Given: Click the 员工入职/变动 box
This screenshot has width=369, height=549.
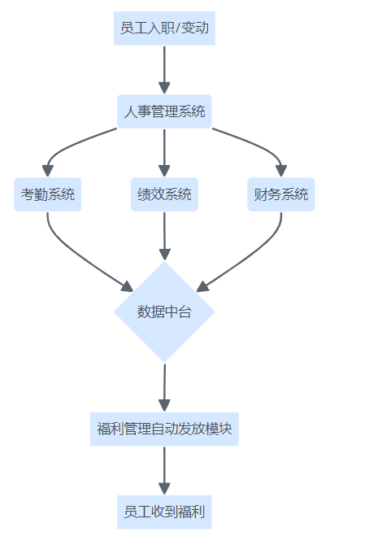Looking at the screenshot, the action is click(x=164, y=28).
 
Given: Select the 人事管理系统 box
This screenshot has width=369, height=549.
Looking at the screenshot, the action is click(x=164, y=111).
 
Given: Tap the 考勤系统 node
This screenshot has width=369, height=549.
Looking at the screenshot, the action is click(x=48, y=194).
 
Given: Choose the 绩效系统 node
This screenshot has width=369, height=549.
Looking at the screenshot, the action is click(x=164, y=194).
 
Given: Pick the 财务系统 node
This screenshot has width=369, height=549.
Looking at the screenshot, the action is click(x=281, y=194).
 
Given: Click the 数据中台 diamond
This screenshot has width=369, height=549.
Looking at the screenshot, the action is click(x=164, y=312).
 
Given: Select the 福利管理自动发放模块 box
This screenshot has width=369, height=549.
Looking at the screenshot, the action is click(x=164, y=429).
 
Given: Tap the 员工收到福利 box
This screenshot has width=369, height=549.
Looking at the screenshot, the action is click(x=164, y=512).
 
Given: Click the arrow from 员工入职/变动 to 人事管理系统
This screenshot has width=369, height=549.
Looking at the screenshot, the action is click(x=164, y=70).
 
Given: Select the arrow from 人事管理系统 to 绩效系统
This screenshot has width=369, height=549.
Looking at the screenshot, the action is click(x=164, y=153).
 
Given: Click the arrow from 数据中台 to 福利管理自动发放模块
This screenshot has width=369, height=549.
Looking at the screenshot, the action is click(x=164, y=388).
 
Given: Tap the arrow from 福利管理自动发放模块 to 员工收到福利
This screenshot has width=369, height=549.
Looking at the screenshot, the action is click(x=164, y=471).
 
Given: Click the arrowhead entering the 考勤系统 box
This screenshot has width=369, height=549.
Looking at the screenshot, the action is click(x=48, y=171).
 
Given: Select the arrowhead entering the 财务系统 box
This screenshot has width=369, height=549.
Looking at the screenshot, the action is click(x=281, y=171).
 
